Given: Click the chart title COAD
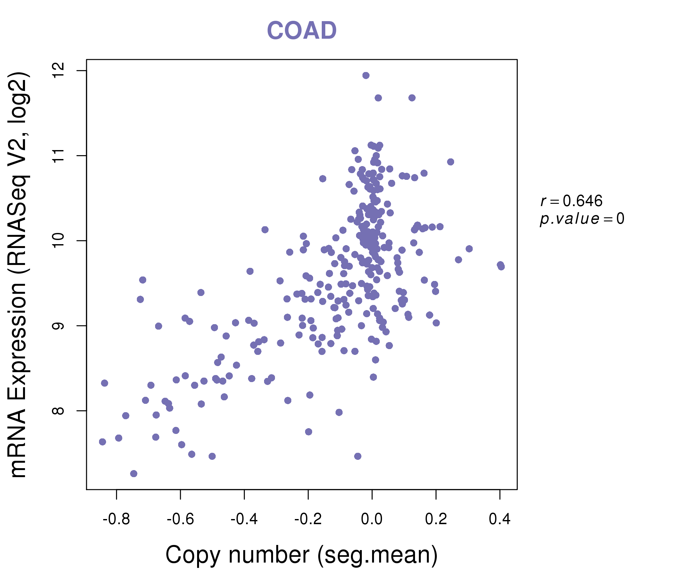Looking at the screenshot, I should (302, 31).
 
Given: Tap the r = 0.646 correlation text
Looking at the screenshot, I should (571, 201).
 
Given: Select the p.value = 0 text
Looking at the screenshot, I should (582, 219).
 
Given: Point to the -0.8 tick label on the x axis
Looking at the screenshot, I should (116, 519).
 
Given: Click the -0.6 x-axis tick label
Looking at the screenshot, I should (180, 519).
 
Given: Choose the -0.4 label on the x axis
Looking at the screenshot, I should (244, 519).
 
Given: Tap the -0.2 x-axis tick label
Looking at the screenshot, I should (308, 519).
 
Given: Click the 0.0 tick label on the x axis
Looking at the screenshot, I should (372, 519).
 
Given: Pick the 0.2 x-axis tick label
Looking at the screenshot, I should (436, 519).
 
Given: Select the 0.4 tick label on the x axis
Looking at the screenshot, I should (500, 519).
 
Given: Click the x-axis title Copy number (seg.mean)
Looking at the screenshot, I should (302, 555).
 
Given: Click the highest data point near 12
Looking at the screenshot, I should (366, 76).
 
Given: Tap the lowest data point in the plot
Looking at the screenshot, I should (134, 474).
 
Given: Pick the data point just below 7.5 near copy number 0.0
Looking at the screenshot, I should (358, 456).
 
